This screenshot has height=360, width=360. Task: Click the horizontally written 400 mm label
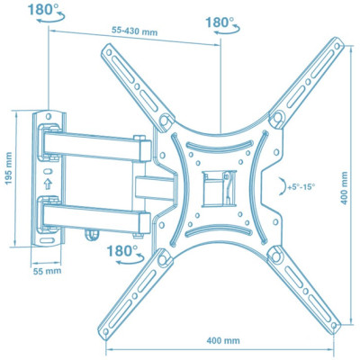click(x=221, y=340)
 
